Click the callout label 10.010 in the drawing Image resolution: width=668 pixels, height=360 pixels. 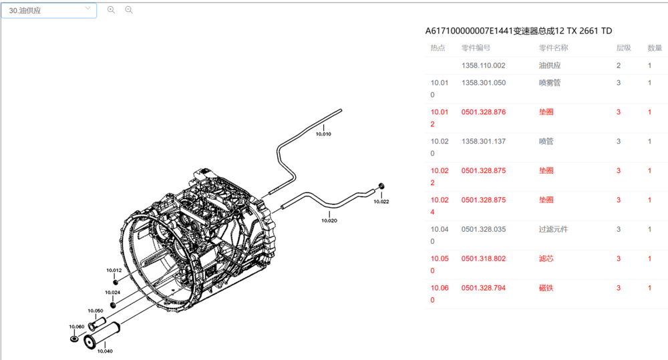pyautogui.click(x=323, y=134)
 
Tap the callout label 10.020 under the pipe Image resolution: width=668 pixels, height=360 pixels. pyautogui.click(x=329, y=220)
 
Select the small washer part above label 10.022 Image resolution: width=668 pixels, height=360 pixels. pyautogui.click(x=381, y=184)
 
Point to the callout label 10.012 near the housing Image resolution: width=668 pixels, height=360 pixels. pyautogui.click(x=114, y=271)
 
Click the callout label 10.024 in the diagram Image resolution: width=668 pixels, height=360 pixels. pyautogui.click(x=112, y=293)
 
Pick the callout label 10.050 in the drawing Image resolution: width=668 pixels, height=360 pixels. pyautogui.click(x=95, y=311)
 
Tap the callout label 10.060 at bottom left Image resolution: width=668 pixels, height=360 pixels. pyautogui.click(x=76, y=327)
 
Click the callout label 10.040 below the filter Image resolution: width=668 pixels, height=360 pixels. pyautogui.click(x=104, y=351)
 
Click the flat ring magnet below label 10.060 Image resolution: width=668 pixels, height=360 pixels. pyautogui.click(x=74, y=339)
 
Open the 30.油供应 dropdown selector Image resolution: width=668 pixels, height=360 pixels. pyautogui.click(x=49, y=10)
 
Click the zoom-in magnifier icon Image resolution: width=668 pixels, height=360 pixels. pyautogui.click(x=111, y=10)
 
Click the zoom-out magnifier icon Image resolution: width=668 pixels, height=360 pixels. pyautogui.click(x=129, y=10)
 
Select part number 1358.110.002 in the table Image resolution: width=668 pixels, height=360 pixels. pyautogui.click(x=483, y=65)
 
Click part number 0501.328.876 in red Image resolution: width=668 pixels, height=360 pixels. pyautogui.click(x=483, y=112)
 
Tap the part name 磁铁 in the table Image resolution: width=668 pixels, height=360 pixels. pyautogui.click(x=546, y=288)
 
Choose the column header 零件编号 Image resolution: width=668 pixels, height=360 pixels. pyautogui.click(x=476, y=48)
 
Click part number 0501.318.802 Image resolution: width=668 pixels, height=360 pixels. pyautogui.click(x=483, y=258)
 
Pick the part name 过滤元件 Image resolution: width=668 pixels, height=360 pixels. pyautogui.click(x=553, y=229)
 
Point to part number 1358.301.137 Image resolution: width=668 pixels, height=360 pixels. pyautogui.click(x=483, y=142)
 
